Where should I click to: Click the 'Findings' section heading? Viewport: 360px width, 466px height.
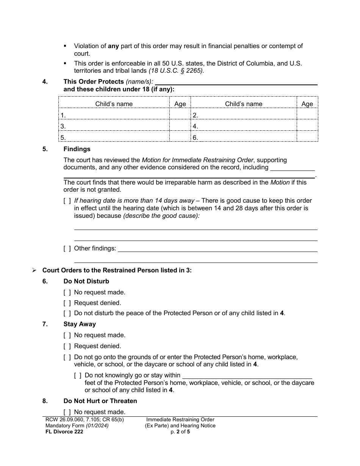pyautogui.click(x=77, y=149)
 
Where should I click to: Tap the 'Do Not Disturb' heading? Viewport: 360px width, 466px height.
pyautogui.click(x=86, y=281)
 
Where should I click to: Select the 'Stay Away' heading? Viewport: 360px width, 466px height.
pyautogui.click(x=80, y=324)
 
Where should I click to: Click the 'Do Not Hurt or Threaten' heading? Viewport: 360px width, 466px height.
pyautogui.click(x=100, y=401)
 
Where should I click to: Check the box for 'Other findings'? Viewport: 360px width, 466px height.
pyautogui.click(x=67, y=249)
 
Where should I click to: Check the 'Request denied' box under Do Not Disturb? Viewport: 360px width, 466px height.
pyautogui.click(x=67, y=303)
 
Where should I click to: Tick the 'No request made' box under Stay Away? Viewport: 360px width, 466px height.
pyautogui.click(x=67, y=335)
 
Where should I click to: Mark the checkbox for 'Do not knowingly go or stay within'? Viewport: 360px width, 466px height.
pyautogui.click(x=78, y=375)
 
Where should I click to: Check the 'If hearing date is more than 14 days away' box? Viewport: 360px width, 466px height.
pyautogui.click(x=67, y=201)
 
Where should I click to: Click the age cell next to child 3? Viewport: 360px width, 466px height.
pyautogui.click(x=180, y=127)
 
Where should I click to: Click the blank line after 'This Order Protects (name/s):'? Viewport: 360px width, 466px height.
pyautogui.click(x=236, y=81)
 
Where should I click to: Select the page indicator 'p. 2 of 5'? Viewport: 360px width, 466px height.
pyautogui.click(x=180, y=432)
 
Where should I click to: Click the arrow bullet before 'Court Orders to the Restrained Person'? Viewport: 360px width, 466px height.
pyautogui.click(x=34, y=271)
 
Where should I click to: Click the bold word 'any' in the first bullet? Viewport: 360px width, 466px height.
pyautogui.click(x=113, y=46)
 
